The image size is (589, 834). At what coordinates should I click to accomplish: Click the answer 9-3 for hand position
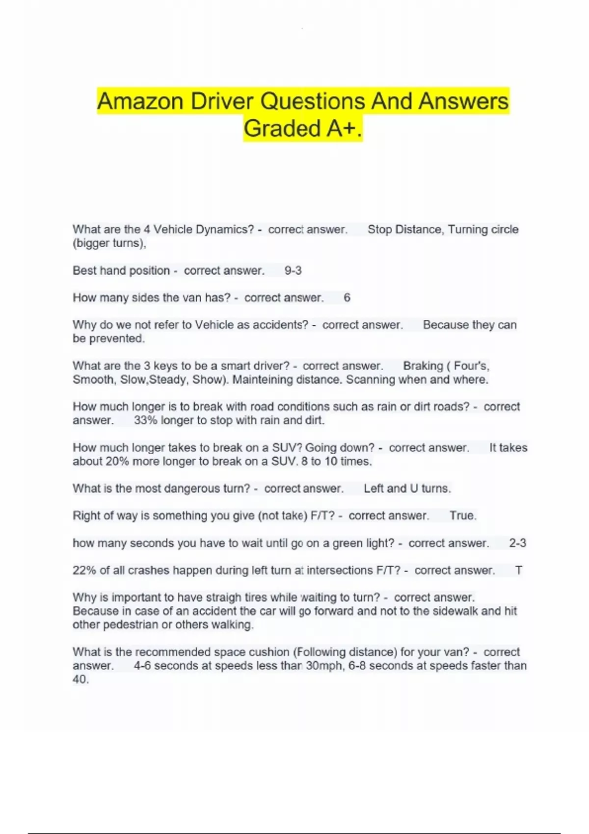(293, 271)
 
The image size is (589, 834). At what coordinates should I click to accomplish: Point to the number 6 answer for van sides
(347, 298)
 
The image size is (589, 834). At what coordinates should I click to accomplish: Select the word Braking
(423, 366)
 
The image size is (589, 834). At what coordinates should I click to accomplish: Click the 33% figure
(145, 420)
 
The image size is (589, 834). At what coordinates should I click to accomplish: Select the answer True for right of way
(462, 516)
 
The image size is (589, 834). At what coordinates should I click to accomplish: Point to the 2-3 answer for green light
(517, 543)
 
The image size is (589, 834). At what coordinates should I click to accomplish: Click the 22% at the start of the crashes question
(84, 571)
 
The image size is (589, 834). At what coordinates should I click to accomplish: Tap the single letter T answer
(518, 571)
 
